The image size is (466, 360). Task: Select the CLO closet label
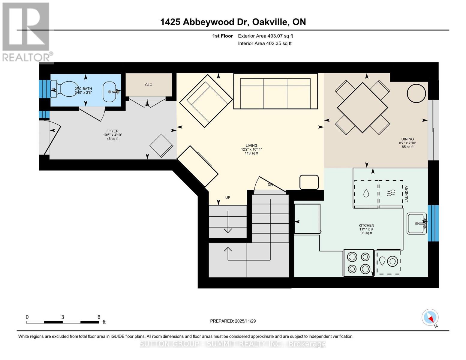(149, 85)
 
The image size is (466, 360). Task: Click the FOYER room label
(113, 131)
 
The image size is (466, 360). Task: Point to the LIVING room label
(251, 146)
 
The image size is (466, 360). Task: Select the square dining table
(362, 107)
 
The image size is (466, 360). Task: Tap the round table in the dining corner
(416, 93)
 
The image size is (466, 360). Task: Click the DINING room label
(407, 139)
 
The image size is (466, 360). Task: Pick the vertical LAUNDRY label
(407, 194)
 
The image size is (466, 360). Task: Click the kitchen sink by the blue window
(416, 223)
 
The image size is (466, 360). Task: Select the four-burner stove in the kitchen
(359, 263)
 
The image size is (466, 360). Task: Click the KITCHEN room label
(366, 226)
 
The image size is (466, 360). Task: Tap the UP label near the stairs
(228, 198)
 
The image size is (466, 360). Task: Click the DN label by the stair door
(270, 185)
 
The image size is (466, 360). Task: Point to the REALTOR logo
(26, 32)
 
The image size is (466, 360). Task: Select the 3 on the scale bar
(62, 317)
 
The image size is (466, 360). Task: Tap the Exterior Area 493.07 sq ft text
(265, 36)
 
